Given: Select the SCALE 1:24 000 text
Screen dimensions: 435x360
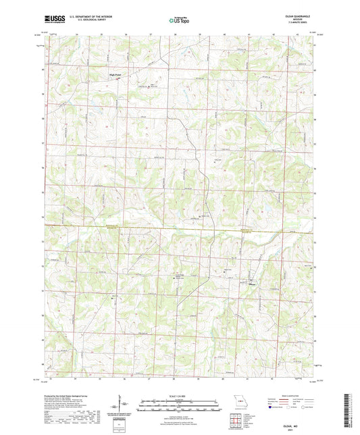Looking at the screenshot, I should click(x=180, y=395).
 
